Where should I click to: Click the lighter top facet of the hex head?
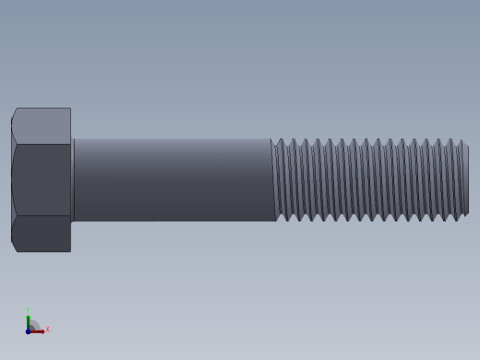[42, 126]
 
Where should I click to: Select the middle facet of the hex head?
[42, 180]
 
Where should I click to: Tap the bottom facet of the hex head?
[42, 234]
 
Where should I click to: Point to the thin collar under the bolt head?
[73, 180]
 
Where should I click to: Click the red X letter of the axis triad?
[47, 329]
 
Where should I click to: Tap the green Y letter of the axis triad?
[28, 311]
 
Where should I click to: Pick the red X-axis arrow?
[38, 330]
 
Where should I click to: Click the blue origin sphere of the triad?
[28, 330]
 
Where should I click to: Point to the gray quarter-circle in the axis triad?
[33, 325]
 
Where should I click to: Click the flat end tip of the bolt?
[466, 180]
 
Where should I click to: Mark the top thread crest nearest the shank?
[281, 140]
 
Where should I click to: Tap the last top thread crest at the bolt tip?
[462, 141]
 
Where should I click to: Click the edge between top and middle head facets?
[42, 144]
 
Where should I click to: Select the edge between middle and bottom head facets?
[42, 216]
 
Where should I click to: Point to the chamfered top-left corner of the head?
[14, 113]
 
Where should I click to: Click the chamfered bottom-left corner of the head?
[14, 247]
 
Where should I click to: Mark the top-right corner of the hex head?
[70, 109]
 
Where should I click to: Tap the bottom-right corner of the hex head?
[70, 251]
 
